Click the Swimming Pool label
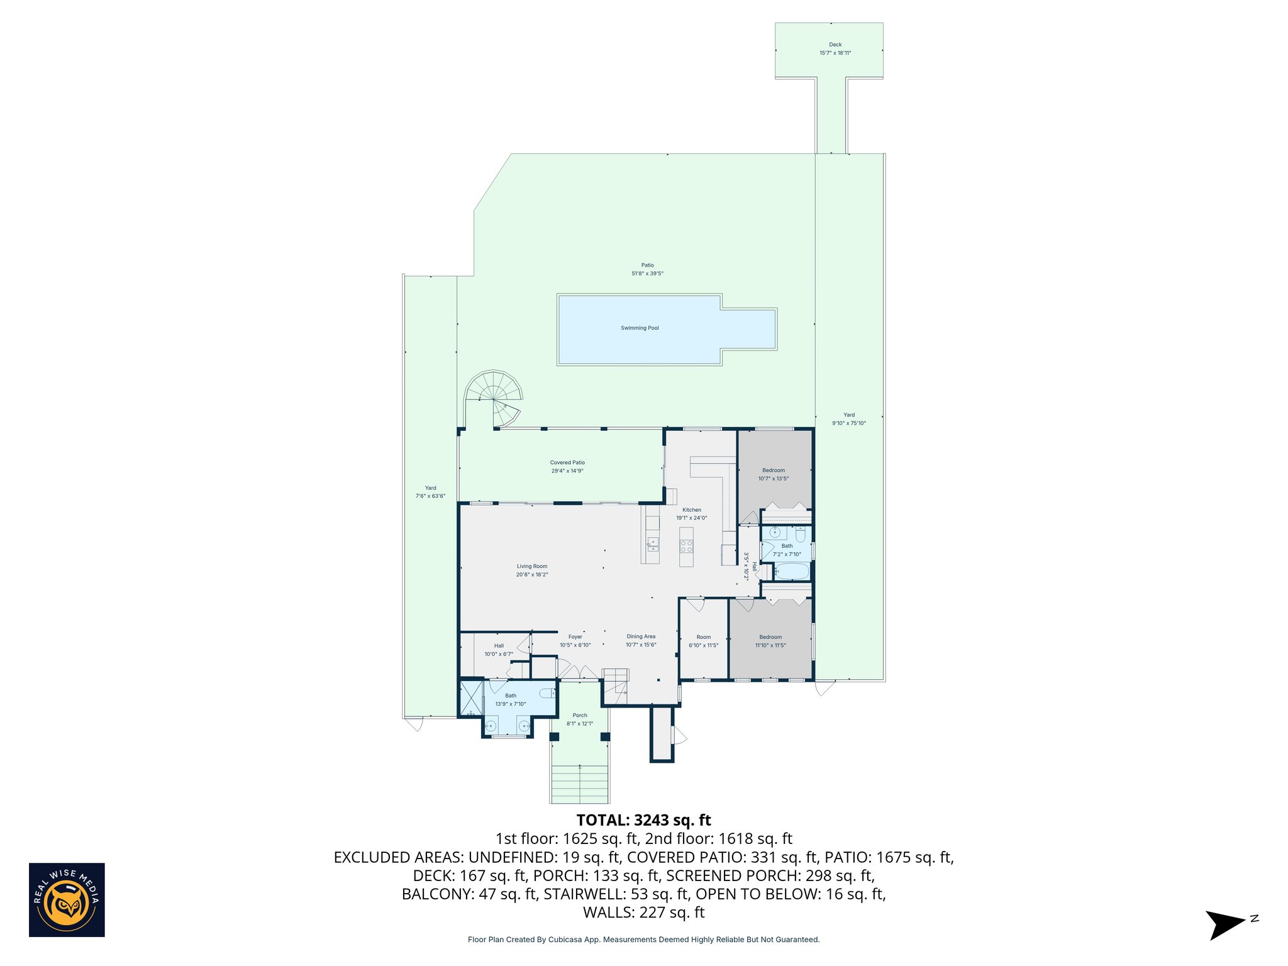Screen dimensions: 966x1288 [x=639, y=328]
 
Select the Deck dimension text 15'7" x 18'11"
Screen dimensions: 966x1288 [x=835, y=53]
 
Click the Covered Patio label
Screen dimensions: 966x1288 [x=567, y=462]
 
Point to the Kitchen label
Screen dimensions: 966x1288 [x=691, y=509]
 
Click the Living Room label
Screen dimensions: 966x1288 [x=531, y=566]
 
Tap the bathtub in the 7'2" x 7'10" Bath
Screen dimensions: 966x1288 [x=791, y=571]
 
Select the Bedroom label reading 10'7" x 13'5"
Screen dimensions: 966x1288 [x=773, y=470]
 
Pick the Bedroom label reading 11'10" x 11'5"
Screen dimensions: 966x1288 [x=770, y=636]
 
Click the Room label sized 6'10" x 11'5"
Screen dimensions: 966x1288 [x=703, y=636]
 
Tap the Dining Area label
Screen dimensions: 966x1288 [x=640, y=636]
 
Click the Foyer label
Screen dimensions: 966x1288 [x=575, y=636]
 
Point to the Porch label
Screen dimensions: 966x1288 [x=579, y=715]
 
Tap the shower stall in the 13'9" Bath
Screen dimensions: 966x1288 [x=471, y=698]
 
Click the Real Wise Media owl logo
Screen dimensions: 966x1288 [x=67, y=900]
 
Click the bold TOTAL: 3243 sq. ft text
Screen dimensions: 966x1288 [x=643, y=820]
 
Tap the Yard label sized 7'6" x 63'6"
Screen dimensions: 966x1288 [x=430, y=487]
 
